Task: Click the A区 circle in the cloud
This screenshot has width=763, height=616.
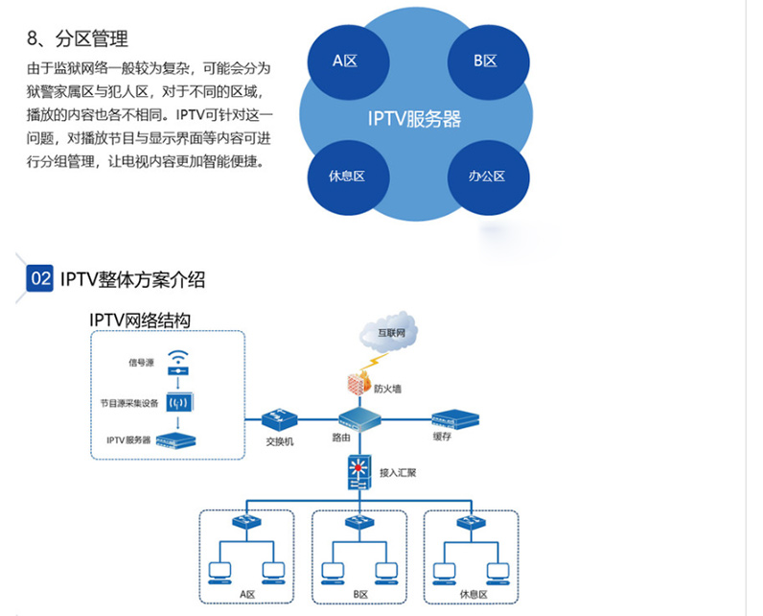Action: tap(344, 60)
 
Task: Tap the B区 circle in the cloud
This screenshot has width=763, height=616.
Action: tap(484, 60)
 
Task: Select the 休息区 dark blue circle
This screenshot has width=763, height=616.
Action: tap(345, 176)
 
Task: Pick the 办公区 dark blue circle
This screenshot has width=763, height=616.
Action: tap(486, 176)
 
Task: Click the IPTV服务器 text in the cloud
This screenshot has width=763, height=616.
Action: tap(414, 119)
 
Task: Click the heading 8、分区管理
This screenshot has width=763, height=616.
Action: tap(78, 38)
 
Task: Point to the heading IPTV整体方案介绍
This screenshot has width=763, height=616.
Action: tap(132, 280)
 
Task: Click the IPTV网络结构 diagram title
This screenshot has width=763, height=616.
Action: tap(140, 320)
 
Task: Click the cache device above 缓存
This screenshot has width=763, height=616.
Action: tap(453, 418)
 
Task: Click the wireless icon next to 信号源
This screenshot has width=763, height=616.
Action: tap(177, 363)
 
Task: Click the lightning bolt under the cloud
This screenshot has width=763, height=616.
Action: tap(376, 361)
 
